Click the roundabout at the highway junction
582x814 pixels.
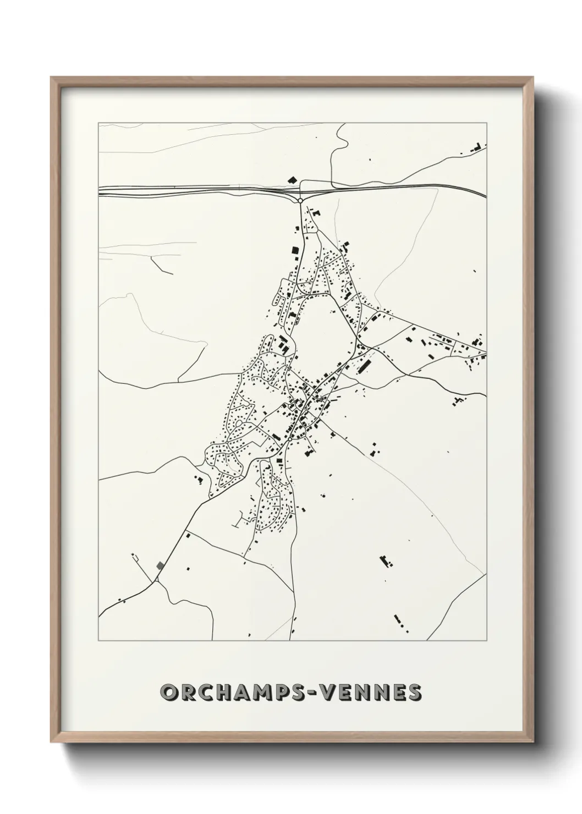pyautogui.click(x=300, y=200)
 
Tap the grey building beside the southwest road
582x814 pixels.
pyautogui.click(x=160, y=565)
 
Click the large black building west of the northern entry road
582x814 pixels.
pyautogui.click(x=295, y=250)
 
